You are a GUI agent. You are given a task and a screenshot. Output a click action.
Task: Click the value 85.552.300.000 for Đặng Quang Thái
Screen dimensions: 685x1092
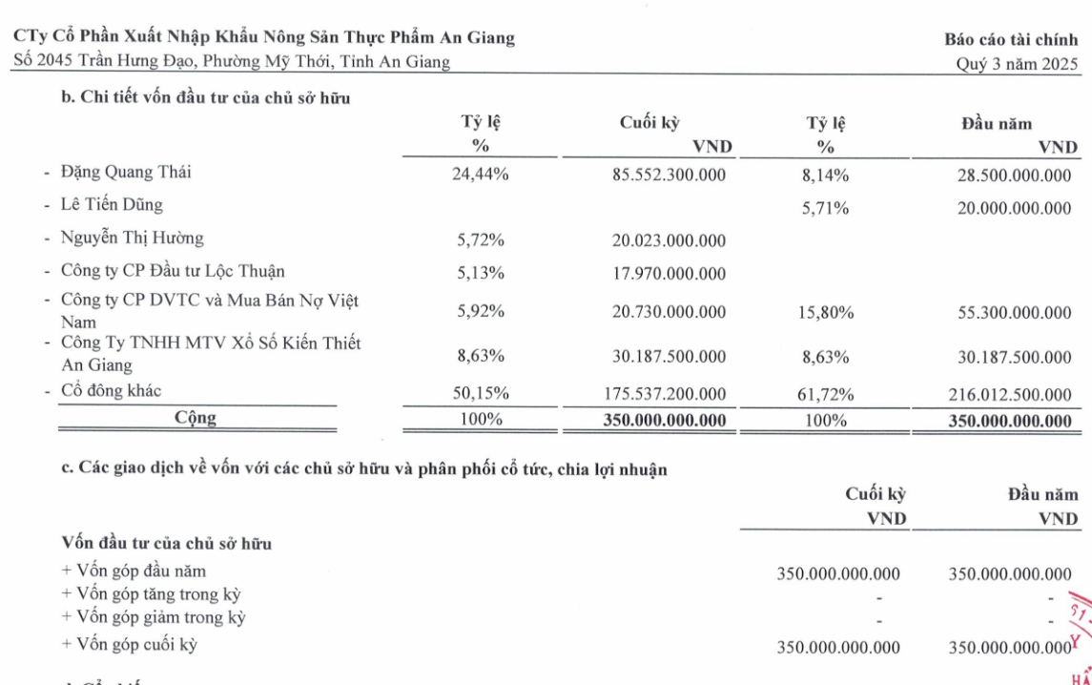[x=670, y=176]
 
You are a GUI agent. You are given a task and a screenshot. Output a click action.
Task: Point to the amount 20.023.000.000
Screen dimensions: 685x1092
[x=670, y=241]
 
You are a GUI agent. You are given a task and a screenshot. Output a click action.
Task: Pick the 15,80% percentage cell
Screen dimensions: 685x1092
[x=826, y=312]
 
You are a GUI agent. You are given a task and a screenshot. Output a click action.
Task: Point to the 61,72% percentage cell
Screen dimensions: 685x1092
[x=826, y=393]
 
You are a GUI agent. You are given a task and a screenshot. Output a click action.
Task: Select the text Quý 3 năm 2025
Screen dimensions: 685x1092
[x=1019, y=65]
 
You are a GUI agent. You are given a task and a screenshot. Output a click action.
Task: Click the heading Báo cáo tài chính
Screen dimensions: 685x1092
[x=1012, y=40]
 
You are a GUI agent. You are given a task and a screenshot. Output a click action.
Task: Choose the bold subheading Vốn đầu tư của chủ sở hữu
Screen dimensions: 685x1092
[x=167, y=544]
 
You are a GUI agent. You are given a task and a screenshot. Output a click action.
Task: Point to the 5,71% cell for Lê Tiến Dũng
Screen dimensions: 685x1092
[x=826, y=209]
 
